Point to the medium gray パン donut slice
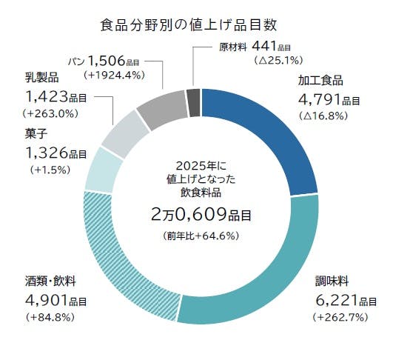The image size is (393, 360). (159, 108)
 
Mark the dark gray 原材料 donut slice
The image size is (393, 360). (193, 101)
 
